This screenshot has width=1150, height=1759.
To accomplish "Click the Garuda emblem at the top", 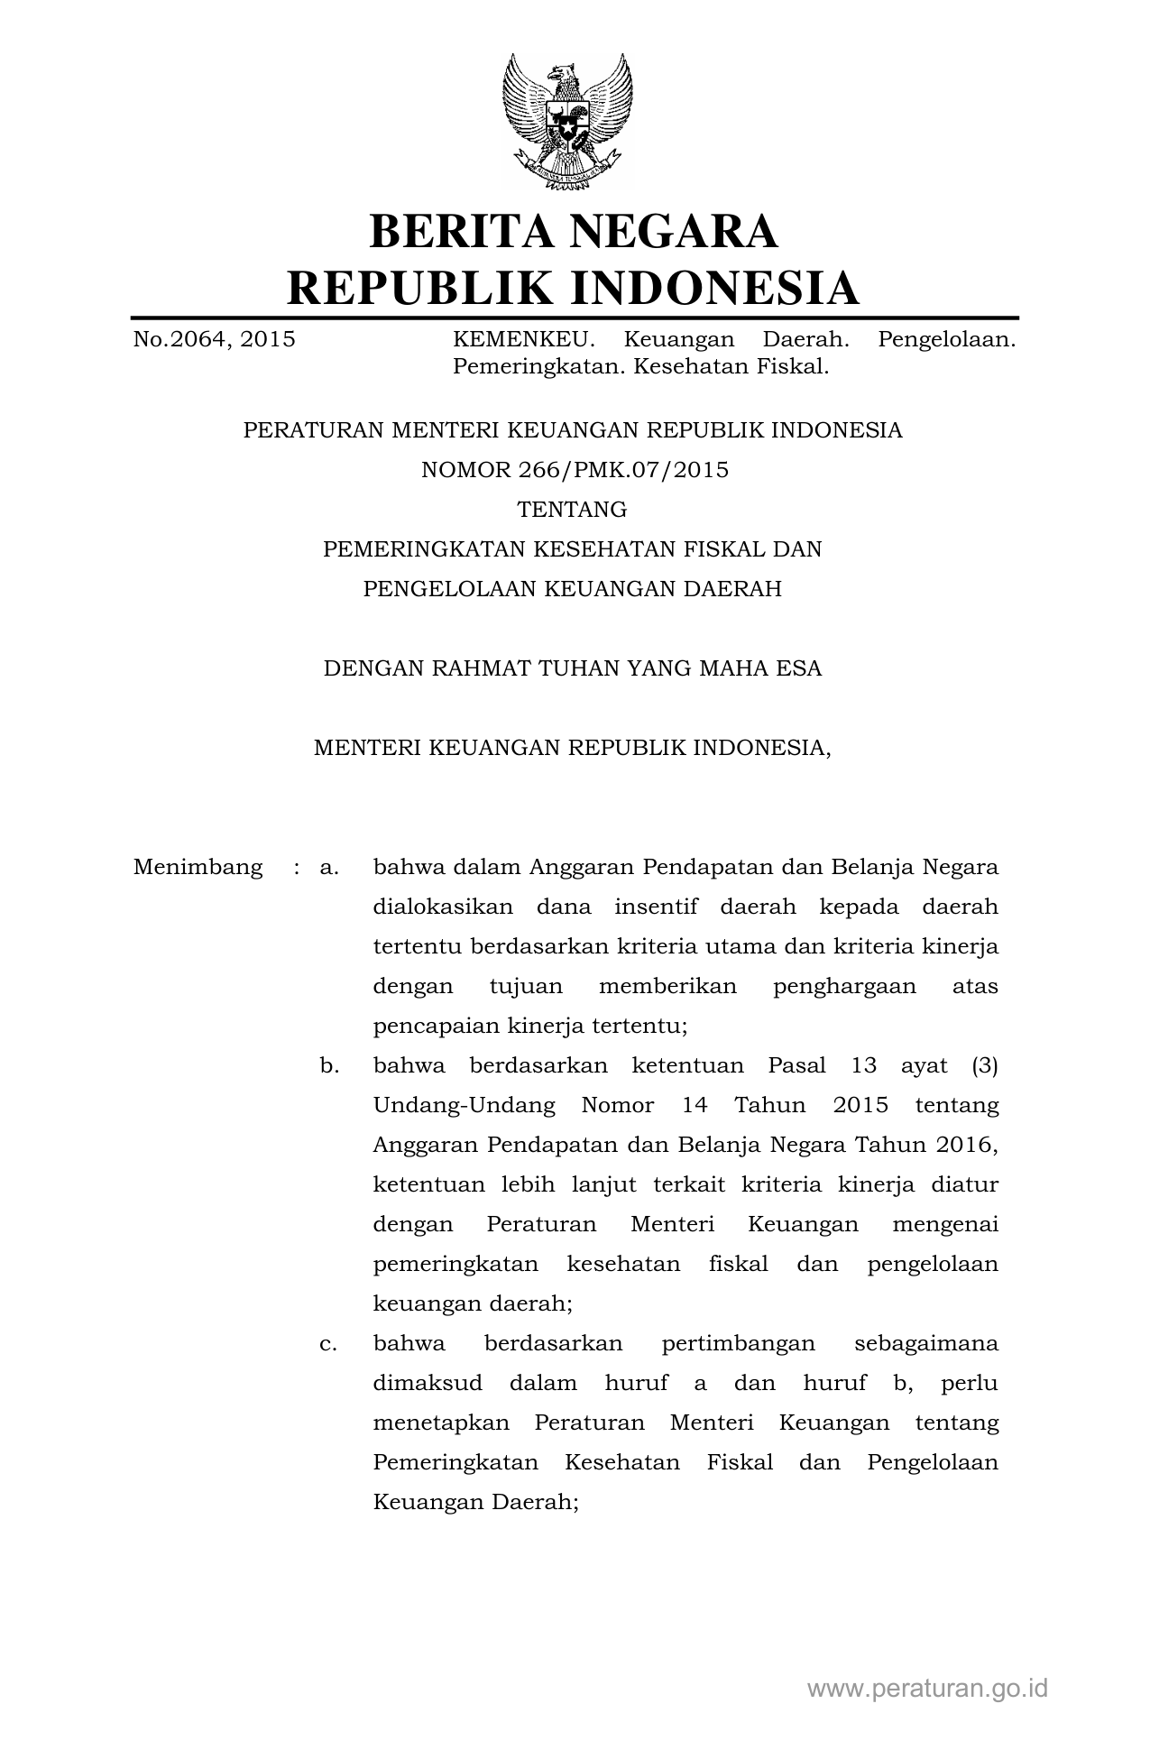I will [x=567, y=122].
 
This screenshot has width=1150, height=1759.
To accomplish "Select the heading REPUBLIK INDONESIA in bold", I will [x=573, y=288].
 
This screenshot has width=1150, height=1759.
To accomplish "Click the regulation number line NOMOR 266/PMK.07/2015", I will [x=575, y=470].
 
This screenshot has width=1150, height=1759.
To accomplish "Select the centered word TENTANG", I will [x=572, y=510].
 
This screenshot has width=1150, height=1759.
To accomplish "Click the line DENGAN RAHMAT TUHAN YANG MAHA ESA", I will [x=573, y=668].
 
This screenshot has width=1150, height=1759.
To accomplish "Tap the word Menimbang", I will [x=198, y=868].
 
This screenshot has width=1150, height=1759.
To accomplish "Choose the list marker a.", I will [x=329, y=868].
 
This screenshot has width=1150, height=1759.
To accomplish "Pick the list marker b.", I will [x=329, y=1066].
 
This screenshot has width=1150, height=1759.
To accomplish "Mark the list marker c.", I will [x=329, y=1344].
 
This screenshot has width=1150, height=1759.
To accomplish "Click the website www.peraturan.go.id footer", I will [x=927, y=1689].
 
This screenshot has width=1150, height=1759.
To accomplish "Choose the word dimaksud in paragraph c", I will [x=428, y=1384].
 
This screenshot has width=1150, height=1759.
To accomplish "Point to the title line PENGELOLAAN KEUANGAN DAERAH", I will [x=573, y=589].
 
